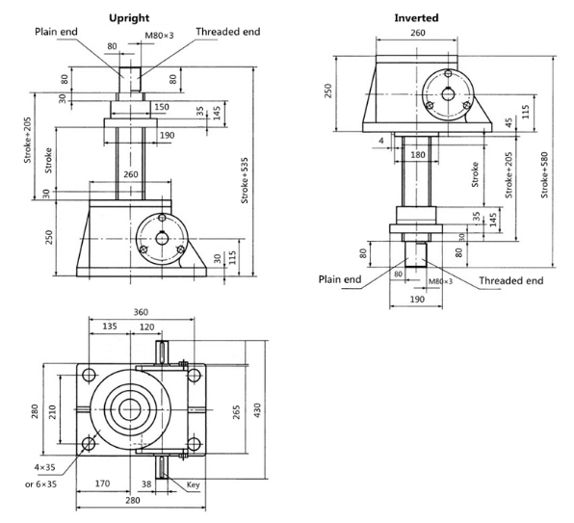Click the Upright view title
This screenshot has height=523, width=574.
tap(129, 18)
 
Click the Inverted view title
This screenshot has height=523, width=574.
tap(416, 18)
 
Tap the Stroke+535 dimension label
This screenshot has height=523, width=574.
tap(245, 180)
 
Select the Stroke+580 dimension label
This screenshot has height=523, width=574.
tap(545, 175)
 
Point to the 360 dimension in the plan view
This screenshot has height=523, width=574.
tap(141, 312)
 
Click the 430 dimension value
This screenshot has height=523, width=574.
tap(257, 410)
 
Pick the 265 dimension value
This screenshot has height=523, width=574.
tap(237, 411)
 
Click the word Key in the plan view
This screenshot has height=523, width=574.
tap(193, 484)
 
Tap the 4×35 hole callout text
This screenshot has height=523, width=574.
tap(44, 467)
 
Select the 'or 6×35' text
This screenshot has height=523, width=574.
tap(41, 484)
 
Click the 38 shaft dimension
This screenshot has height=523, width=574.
tap(146, 484)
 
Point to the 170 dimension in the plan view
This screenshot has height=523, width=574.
tap(102, 484)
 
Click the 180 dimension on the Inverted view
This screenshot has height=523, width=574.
tap(417, 155)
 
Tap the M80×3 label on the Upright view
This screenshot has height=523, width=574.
tap(159, 36)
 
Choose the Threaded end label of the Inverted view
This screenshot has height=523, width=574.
tap(511, 280)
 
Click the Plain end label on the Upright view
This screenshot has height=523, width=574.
tap(56, 32)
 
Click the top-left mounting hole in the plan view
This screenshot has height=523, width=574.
tap(89, 375)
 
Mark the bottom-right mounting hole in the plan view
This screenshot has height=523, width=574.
tap(194, 444)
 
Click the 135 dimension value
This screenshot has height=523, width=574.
tap(110, 327)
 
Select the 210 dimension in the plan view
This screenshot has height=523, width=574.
tap(52, 411)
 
